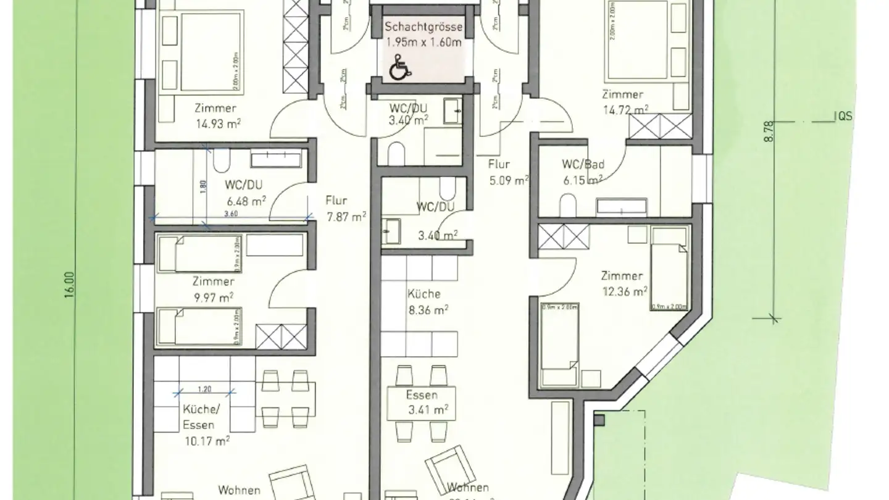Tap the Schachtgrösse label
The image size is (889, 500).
423,27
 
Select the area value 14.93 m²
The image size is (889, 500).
217,123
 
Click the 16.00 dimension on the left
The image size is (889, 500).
72,285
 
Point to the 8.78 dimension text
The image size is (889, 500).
768,132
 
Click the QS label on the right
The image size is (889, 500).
844,115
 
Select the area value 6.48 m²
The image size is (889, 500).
246,200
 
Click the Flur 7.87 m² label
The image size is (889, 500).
345,208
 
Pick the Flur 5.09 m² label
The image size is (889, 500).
508,173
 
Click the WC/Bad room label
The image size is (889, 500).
582,165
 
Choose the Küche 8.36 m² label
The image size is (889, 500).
427,302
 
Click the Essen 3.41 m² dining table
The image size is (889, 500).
423,402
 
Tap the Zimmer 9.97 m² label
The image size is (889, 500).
213,290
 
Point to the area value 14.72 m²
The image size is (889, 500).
625,109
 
